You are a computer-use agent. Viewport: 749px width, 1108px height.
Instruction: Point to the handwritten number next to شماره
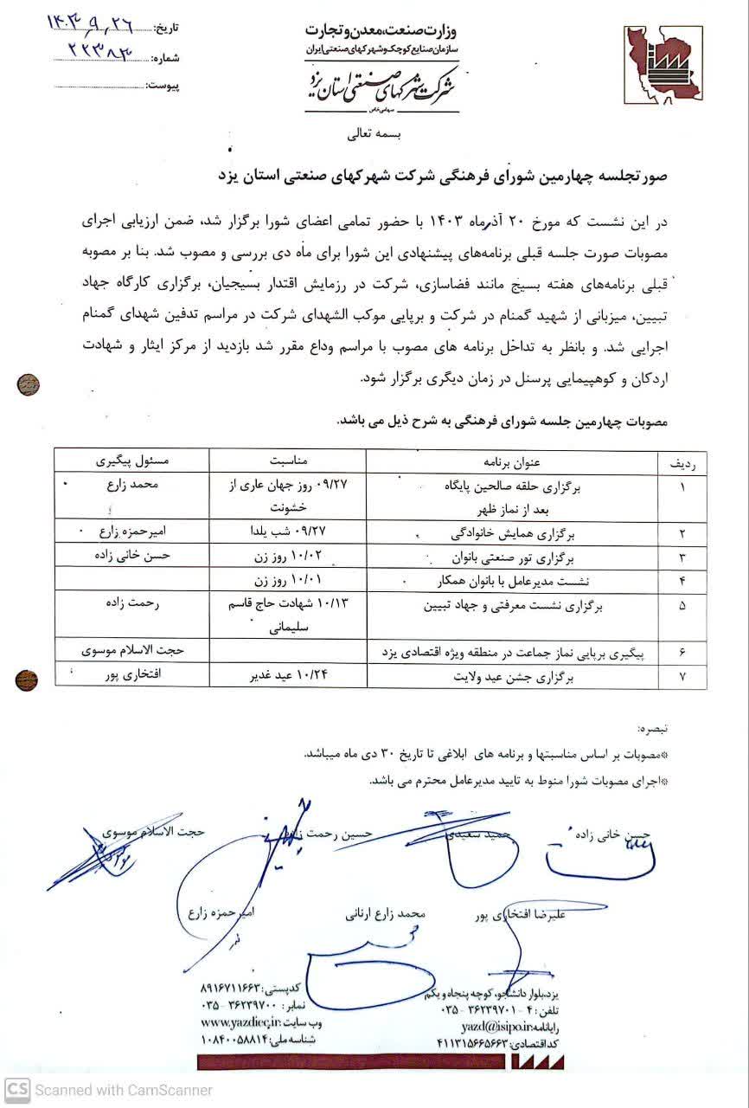[x=100, y=55]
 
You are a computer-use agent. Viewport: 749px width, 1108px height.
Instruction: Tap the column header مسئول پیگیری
[x=127, y=462]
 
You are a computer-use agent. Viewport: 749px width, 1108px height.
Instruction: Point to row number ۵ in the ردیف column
[x=682, y=607]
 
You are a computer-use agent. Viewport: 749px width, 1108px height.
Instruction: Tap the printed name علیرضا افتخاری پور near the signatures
[x=526, y=914]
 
